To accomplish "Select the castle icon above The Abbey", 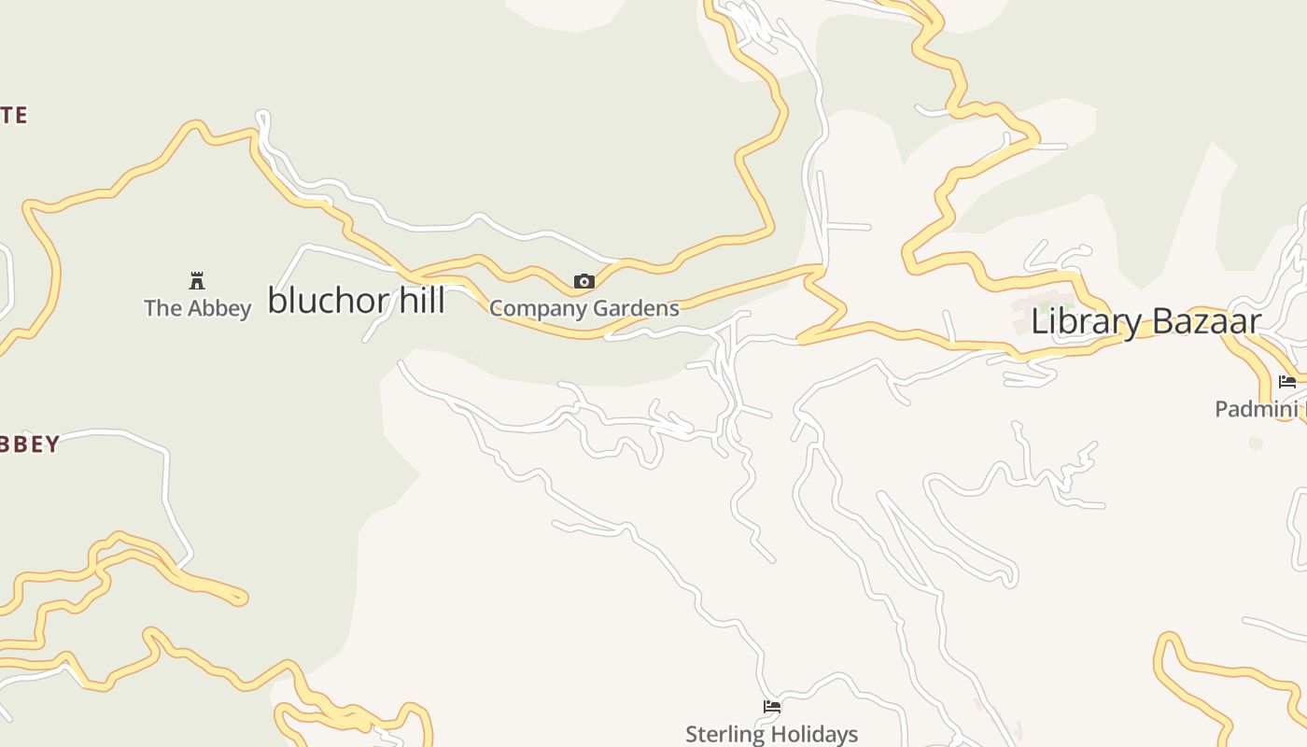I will pos(197,281).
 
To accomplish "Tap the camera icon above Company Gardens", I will pos(584,281).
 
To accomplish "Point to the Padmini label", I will pos(1257,409).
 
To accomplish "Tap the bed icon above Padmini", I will pos(1287,382).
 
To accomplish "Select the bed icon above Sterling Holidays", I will pos(772,707).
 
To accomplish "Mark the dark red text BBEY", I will pos(30,444).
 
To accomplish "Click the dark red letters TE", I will pos(14,116).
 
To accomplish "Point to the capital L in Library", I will pos(1039,322).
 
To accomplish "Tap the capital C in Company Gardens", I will pos(497,309).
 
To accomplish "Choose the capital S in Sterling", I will pos(692,735).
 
